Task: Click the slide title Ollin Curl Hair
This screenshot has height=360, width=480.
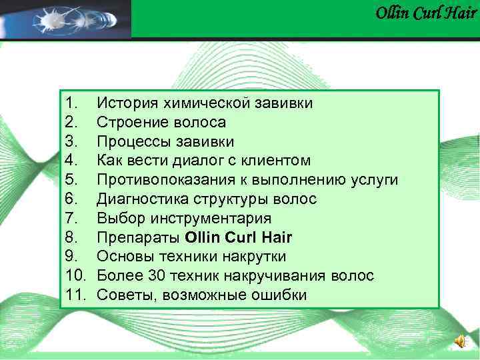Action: coord(425,13)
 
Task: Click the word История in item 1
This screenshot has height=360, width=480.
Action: coord(127,103)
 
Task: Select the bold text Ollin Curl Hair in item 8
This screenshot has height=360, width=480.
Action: coord(239,238)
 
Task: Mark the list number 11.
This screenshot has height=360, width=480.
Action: coord(77,295)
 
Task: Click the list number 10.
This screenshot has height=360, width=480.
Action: coord(77,276)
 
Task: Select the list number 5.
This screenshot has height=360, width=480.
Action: coord(73,180)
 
